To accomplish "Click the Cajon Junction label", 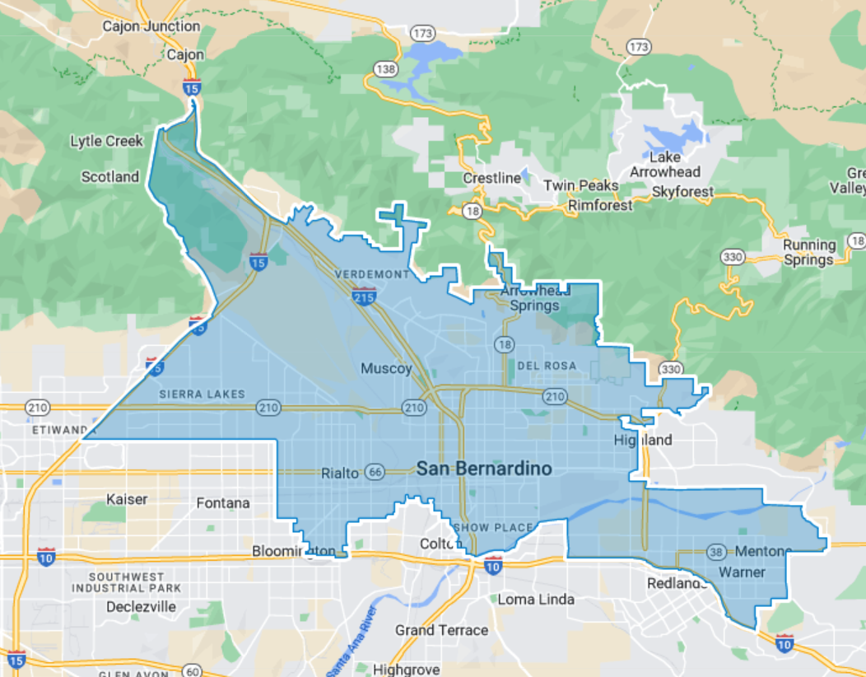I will [x=151, y=26].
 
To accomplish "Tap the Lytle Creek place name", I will [x=107, y=141].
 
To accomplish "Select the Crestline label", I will [x=492, y=178].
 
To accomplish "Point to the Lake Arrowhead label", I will [x=665, y=165].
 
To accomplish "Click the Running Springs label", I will [x=808, y=252].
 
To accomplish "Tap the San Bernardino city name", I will [x=483, y=469].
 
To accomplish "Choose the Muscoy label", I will [x=386, y=368].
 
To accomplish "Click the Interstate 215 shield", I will [x=363, y=295].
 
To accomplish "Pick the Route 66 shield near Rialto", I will [x=375, y=473].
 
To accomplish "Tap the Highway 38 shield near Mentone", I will [x=715, y=550].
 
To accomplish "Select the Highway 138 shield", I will [x=384, y=68].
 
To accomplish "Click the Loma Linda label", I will [x=536, y=599].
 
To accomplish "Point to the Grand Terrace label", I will [x=441, y=630].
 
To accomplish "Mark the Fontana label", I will [x=223, y=502].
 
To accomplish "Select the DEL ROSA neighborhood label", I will [x=547, y=365].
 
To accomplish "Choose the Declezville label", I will [x=141, y=606].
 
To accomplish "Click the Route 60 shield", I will [x=193, y=671].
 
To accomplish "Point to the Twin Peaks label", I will [x=580, y=185].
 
